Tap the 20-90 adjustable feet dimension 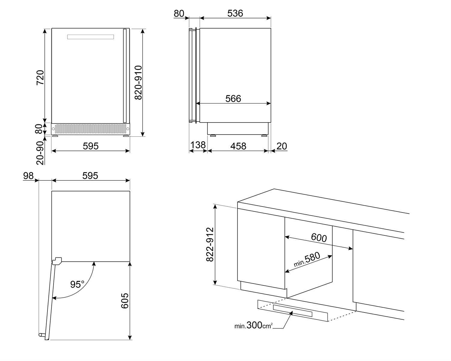click(40, 153)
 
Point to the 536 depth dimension click(235, 13)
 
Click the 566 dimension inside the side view click(233, 98)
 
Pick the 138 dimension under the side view click(198, 145)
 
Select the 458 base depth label click(238, 146)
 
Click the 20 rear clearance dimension click(282, 146)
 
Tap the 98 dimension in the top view click(28, 176)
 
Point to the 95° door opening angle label click(77, 284)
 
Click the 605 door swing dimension click(125, 300)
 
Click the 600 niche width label click(319, 238)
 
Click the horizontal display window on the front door click(91, 37)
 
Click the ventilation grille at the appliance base click(90, 129)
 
